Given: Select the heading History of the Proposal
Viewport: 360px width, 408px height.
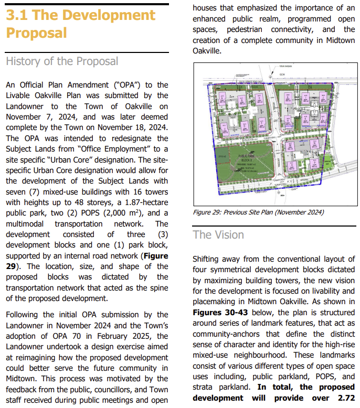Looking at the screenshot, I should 62,61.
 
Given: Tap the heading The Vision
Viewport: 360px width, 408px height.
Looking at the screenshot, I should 218,234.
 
